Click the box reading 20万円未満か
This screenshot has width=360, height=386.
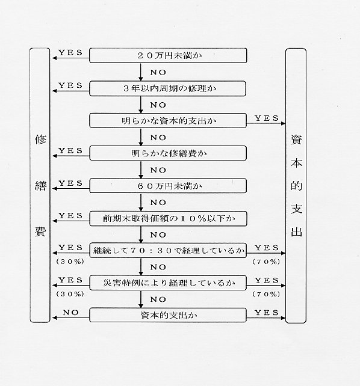point(168,55)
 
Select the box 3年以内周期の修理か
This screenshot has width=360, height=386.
point(167,88)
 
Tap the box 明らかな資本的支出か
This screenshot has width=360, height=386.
point(168,121)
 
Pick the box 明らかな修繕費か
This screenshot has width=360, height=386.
point(168,153)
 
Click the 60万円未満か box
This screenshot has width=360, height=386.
point(168,186)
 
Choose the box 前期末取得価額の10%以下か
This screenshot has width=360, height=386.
point(168,218)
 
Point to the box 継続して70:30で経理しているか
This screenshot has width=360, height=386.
point(168,251)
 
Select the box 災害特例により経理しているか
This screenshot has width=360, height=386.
point(168,283)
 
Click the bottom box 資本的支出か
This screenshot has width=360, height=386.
point(168,315)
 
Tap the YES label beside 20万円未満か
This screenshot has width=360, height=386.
point(70,52)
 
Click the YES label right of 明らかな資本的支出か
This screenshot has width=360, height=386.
point(267,118)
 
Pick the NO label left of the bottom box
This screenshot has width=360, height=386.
point(70,313)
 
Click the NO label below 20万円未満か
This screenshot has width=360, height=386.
point(158,72)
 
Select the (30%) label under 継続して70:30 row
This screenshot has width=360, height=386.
point(70,262)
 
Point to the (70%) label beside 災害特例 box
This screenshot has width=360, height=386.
point(266,294)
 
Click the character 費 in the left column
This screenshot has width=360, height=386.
point(40,231)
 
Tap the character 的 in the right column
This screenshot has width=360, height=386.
point(296,185)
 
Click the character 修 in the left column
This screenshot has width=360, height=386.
point(40,139)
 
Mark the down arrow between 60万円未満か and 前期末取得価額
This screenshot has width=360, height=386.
point(141,202)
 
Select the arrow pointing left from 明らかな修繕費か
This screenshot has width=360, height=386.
point(71,156)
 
